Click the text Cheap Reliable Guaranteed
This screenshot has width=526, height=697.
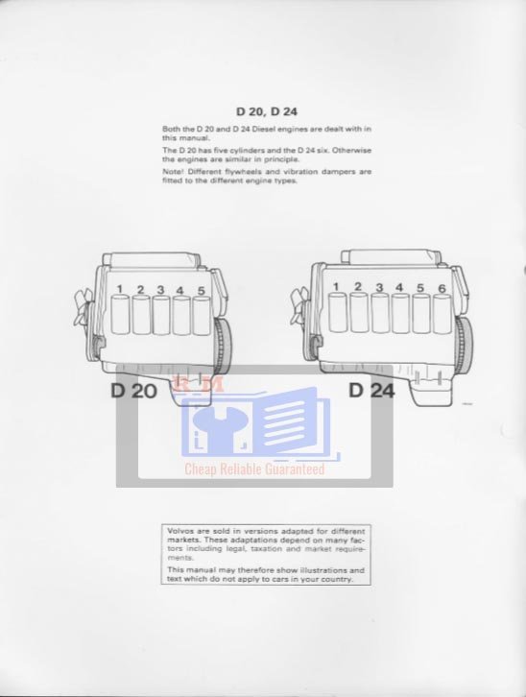tap(254, 469)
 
